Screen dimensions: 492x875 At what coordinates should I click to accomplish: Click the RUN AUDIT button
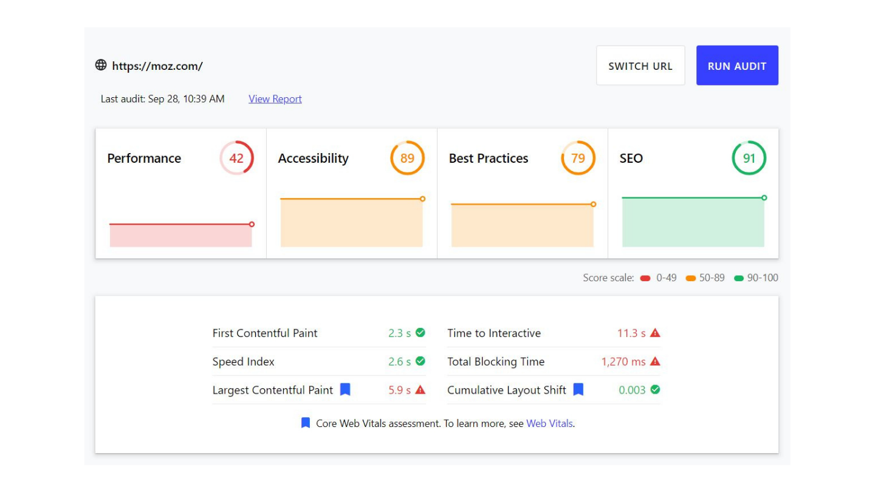pyautogui.click(x=737, y=66)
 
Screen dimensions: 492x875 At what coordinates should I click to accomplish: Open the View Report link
pyautogui.click(x=275, y=99)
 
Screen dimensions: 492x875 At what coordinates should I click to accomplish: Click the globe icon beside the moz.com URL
pyautogui.click(x=101, y=65)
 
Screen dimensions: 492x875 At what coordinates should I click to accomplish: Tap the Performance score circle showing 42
pyautogui.click(x=236, y=158)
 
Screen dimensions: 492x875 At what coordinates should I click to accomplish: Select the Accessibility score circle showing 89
pyautogui.click(x=407, y=158)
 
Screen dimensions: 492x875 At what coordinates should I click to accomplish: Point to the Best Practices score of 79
pyautogui.click(x=578, y=158)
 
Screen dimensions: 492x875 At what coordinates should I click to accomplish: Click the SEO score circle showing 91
pyautogui.click(x=749, y=158)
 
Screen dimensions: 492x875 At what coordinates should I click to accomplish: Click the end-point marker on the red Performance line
pyautogui.click(x=252, y=224)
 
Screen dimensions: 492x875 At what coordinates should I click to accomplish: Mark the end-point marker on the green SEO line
pyautogui.click(x=764, y=197)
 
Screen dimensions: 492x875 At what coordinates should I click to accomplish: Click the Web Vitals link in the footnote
pyautogui.click(x=549, y=423)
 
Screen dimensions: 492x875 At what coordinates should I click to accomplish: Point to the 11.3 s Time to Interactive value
pyautogui.click(x=631, y=333)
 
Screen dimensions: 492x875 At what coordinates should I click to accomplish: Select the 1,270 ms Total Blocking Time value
pyautogui.click(x=623, y=361)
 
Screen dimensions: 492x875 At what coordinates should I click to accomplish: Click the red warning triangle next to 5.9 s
pyautogui.click(x=420, y=390)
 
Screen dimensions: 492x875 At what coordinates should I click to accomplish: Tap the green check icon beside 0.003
pyautogui.click(x=655, y=390)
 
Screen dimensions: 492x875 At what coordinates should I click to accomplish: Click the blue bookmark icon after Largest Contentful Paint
pyautogui.click(x=345, y=389)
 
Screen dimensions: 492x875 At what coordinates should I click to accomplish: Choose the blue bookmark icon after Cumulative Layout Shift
pyautogui.click(x=578, y=389)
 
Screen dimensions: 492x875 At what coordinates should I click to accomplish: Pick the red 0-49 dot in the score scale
pyautogui.click(x=645, y=278)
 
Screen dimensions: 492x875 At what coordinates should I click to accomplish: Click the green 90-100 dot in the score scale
pyautogui.click(x=739, y=278)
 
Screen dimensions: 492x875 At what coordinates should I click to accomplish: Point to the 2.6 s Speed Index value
pyautogui.click(x=399, y=361)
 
